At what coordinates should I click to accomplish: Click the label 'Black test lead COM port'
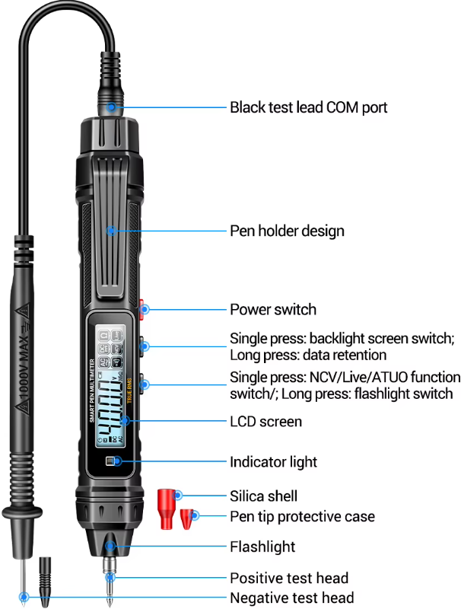pyautogui.click(x=308, y=107)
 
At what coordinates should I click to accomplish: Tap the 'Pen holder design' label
pyautogui.click(x=287, y=231)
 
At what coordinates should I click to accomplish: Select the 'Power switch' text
pyautogui.click(x=272, y=310)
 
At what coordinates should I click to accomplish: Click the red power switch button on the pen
pyautogui.click(x=143, y=308)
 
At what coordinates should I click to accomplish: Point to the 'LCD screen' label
pyautogui.click(x=265, y=422)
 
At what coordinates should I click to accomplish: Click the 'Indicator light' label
pyautogui.click(x=273, y=462)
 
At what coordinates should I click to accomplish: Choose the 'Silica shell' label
pyautogui.click(x=263, y=496)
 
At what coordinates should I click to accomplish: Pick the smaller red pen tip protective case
pyautogui.click(x=186, y=520)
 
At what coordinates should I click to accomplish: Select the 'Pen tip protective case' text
pyautogui.click(x=302, y=517)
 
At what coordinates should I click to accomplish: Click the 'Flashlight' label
pyautogui.click(x=262, y=547)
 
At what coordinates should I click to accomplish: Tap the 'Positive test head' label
pyautogui.click(x=289, y=579)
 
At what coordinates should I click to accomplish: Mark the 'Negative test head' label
pyautogui.click(x=291, y=598)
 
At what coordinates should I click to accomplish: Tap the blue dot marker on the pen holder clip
pyautogui.click(x=111, y=230)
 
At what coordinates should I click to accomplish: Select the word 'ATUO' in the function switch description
pyautogui.click(x=397, y=378)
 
